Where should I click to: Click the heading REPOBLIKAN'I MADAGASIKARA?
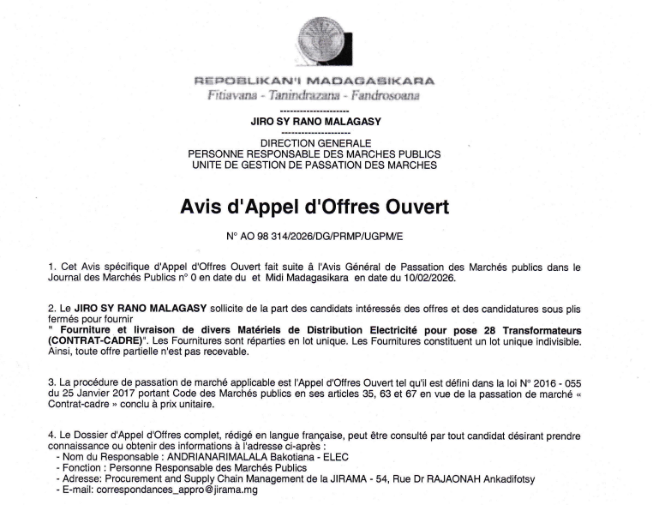[x=315, y=81]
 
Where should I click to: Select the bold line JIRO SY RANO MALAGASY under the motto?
[x=315, y=122]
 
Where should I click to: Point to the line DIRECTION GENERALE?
[x=315, y=142]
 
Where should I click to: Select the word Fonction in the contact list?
[x=76, y=470]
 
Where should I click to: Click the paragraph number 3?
[x=52, y=382]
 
